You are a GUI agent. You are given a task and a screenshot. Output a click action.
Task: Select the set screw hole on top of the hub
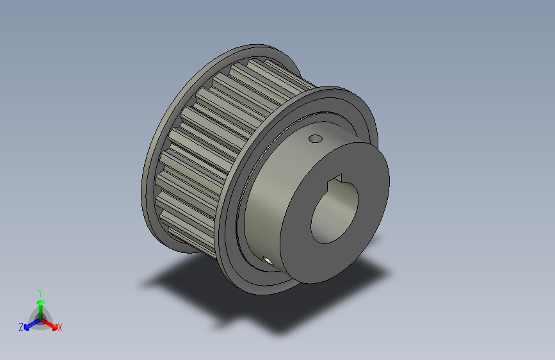tap(314, 138)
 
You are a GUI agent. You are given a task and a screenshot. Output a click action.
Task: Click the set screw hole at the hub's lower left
tap(266, 259)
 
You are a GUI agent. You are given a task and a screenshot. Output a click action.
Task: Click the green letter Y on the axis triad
tap(40, 291)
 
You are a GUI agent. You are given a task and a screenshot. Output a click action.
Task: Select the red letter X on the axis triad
tap(60, 327)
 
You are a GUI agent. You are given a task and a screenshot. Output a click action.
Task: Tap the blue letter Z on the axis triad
tap(21, 327)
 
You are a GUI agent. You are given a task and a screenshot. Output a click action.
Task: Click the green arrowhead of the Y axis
tap(40, 302)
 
